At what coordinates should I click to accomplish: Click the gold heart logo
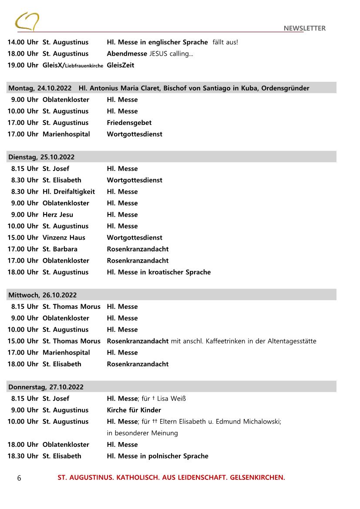point(27,21)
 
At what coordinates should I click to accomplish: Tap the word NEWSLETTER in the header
point(304,28)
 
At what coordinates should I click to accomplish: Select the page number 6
point(19,478)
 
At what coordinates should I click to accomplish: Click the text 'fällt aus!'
point(225,42)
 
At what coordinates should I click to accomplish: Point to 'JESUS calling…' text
point(172,54)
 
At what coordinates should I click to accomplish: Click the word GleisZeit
point(121,65)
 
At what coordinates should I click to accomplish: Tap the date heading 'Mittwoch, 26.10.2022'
point(42,295)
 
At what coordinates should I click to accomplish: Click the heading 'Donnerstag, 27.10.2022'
point(46,387)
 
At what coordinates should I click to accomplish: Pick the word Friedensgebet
point(129,123)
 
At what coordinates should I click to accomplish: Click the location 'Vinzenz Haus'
point(64,238)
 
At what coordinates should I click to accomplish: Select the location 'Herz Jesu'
point(58,214)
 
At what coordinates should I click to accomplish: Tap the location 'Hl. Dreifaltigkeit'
point(69,191)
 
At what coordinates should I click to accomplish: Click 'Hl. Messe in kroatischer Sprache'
point(159,272)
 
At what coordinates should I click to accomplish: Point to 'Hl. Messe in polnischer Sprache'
point(158,456)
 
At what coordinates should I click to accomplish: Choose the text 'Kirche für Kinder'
point(134,410)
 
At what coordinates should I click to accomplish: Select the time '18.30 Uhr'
point(23,456)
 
